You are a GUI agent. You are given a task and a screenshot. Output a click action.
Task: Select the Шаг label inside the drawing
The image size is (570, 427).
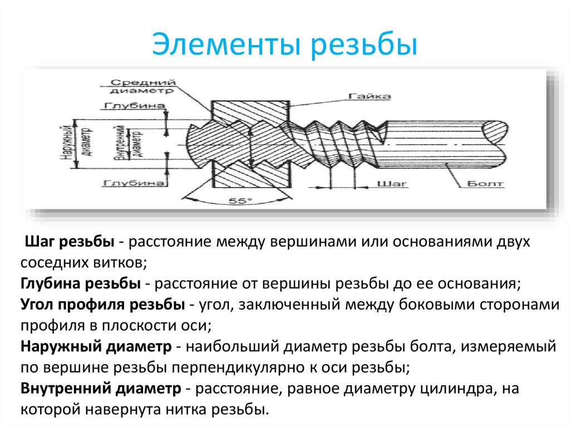click(392, 183)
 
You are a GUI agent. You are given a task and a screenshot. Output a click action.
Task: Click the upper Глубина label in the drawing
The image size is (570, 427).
click(134, 106)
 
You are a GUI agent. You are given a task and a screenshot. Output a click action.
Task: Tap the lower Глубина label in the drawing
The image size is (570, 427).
click(134, 183)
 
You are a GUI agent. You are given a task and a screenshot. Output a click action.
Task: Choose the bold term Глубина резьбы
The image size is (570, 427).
click(80, 284)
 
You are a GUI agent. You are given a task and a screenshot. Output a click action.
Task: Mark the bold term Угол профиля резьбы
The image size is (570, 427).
click(103, 305)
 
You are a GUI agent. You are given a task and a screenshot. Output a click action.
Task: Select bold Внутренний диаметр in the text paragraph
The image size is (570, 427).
click(100, 388)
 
